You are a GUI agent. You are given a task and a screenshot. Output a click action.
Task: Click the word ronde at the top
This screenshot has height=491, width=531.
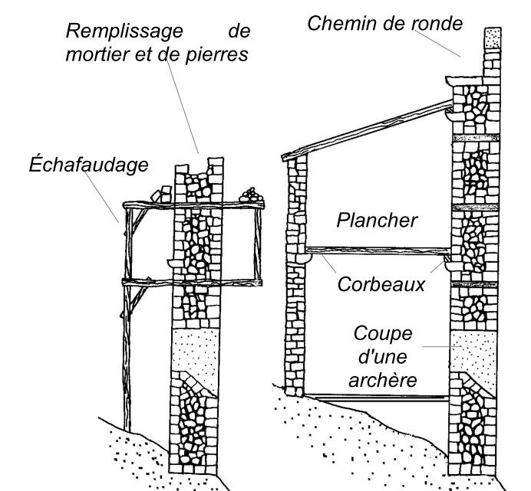436,22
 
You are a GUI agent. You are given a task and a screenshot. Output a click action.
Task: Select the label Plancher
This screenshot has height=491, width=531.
378,221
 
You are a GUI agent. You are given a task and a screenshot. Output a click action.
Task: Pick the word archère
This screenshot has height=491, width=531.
381,379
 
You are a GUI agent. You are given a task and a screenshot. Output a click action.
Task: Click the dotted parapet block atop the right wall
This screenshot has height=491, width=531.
491,37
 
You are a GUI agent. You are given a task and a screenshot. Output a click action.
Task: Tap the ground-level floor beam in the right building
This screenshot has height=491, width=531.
376,396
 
